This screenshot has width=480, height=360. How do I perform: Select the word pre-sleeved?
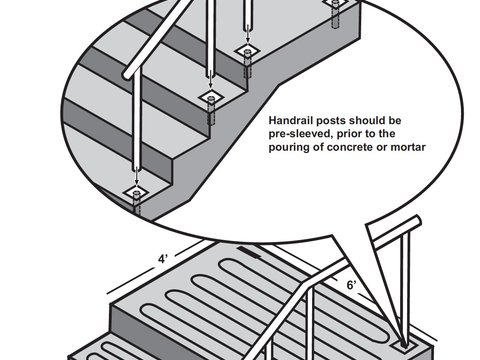301,132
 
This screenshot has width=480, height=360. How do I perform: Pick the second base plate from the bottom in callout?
212,96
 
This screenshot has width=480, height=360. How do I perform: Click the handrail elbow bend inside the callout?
127,74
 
